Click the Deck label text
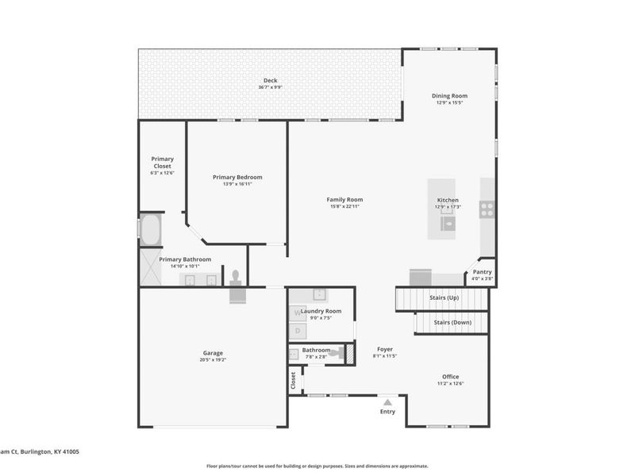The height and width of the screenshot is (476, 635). pos(270,80)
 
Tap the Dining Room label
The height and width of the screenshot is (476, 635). pos(449,95)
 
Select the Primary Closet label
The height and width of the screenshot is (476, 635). pos(162,162)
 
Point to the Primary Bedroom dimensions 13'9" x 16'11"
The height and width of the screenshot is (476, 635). pos(237,184)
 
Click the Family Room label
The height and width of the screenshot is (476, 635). pos(344,199)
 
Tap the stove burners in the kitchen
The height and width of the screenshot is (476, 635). pos(487,209)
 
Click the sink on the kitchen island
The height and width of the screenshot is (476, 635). pos(448,224)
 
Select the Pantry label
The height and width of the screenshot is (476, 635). pos(482,272)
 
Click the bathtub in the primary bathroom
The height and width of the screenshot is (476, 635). pos(151,230)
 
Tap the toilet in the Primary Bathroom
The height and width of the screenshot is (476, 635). pos(235,278)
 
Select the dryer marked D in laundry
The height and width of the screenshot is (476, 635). pos(298,330)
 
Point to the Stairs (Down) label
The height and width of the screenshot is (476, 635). pos(452,323)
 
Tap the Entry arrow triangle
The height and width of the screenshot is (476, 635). pos(387,402)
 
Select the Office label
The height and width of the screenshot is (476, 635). pos(450,376)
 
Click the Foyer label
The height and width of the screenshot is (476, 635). pos(384,349)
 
